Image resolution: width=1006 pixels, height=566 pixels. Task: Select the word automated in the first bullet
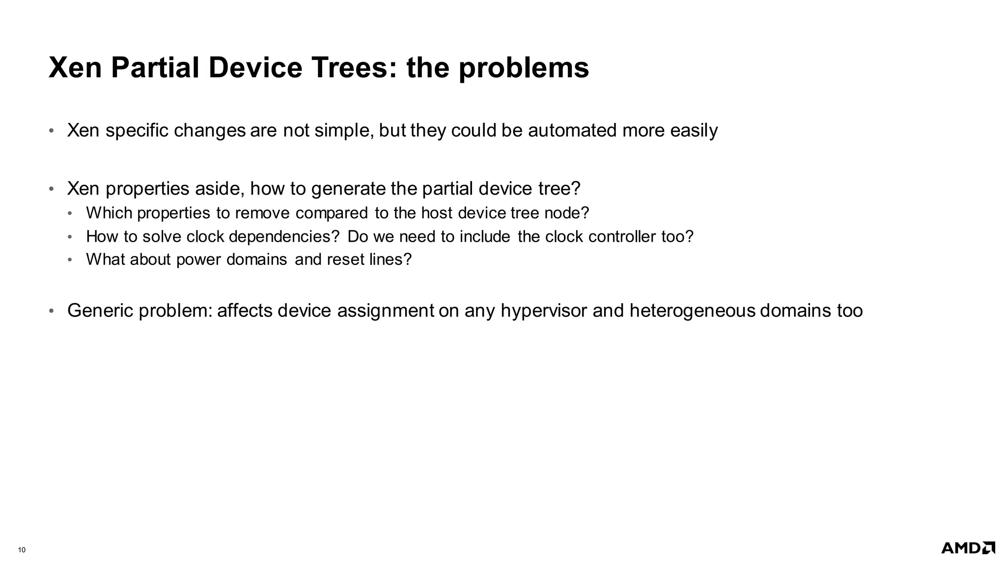572,131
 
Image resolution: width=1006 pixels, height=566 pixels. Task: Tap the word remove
263,213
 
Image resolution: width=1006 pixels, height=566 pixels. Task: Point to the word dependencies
284,237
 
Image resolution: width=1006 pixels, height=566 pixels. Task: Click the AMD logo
968,548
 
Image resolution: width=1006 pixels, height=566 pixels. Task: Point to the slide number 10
22,550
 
